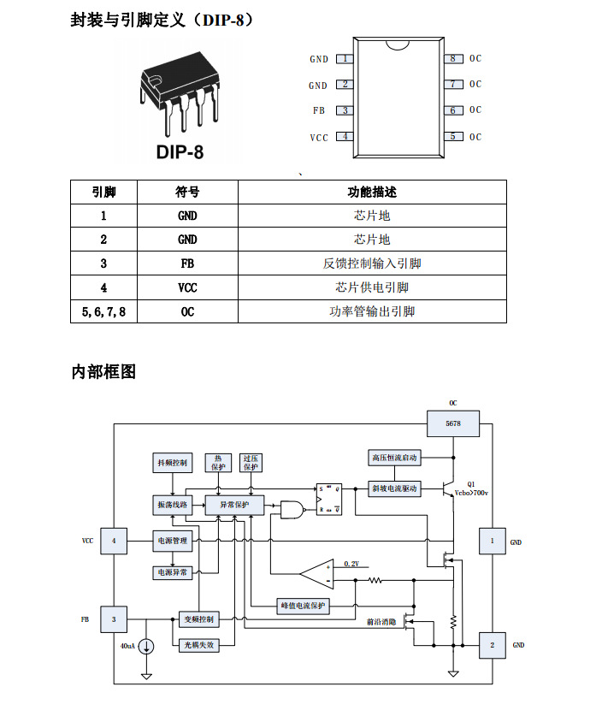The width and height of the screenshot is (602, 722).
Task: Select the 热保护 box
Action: pyautogui.click(x=218, y=463)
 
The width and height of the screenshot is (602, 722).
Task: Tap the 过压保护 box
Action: pyautogui.click(x=250, y=463)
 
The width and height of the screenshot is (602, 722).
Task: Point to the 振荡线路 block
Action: pyautogui.click(x=173, y=505)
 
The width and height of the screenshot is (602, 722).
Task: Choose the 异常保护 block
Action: pyautogui.click(x=234, y=505)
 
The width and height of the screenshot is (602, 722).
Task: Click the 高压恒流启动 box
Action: pyautogui.click(x=395, y=458)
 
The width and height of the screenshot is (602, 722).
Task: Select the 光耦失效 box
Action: pyautogui.click(x=198, y=644)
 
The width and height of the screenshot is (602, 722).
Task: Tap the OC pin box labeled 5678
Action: pyautogui.click(x=453, y=423)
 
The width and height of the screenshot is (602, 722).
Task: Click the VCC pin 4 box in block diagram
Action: pyautogui.click(x=114, y=541)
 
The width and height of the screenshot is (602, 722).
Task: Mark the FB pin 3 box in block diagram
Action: pyautogui.click(x=114, y=618)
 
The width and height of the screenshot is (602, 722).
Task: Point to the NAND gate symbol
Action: pyautogui.click(x=293, y=511)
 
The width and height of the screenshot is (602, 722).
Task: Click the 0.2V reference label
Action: pyautogui.click(x=351, y=564)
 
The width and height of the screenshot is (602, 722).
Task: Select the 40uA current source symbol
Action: pyautogui.click(x=146, y=646)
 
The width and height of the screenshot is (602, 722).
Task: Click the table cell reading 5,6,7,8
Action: pyautogui.click(x=103, y=311)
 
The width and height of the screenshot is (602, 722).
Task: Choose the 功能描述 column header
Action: pyautogui.click(x=372, y=192)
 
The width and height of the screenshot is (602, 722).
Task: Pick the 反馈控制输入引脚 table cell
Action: pyautogui.click(x=372, y=263)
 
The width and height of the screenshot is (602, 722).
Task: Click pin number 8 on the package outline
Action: pyautogui.click(x=454, y=58)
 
